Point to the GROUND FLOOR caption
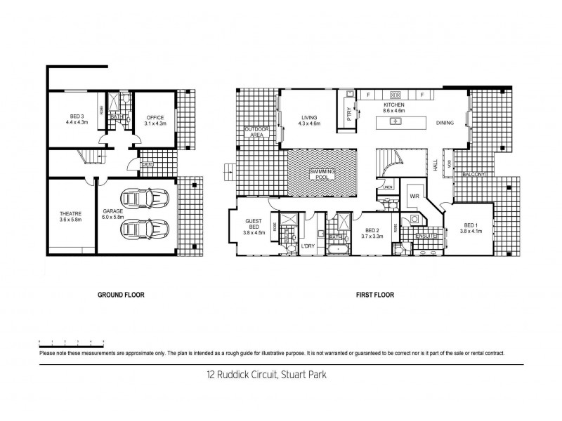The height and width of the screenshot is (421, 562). [x=121, y=295]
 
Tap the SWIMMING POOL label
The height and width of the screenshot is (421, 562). [x=323, y=175]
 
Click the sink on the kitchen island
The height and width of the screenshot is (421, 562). [x=396, y=122]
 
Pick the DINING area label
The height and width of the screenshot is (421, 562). [x=444, y=123]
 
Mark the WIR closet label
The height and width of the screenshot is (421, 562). [x=414, y=197]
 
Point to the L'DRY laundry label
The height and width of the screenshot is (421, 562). [x=308, y=246]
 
